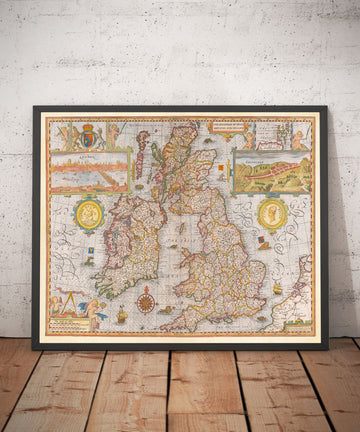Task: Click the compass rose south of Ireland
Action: pyautogui.click(x=146, y=299)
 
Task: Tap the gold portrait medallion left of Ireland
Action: pyautogui.click(x=87, y=213)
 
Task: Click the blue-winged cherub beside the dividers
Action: pyautogui.click(x=96, y=309)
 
